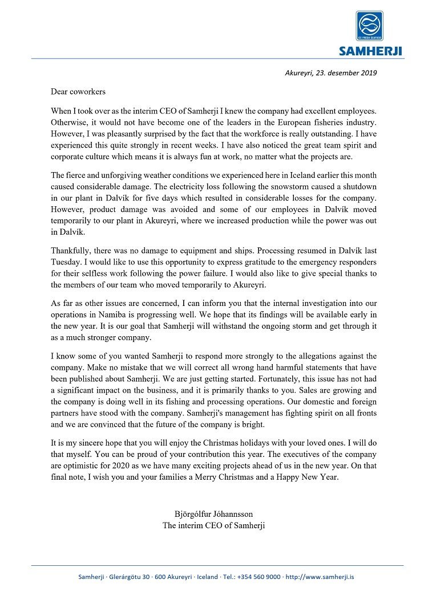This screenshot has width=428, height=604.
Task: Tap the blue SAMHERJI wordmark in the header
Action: pyautogui.click(x=370, y=52)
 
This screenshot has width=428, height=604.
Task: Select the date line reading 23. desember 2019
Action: pyautogui.click(x=330, y=73)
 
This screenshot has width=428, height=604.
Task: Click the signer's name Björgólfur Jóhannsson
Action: pyautogui.click(x=214, y=515)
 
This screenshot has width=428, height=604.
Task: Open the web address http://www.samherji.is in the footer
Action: pyautogui.click(x=320, y=577)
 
